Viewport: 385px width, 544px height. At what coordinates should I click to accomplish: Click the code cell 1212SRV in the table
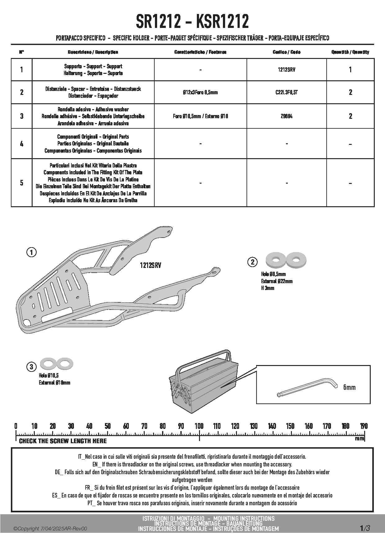click(x=286, y=70)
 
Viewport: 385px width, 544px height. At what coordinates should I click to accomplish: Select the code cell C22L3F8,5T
click(x=286, y=92)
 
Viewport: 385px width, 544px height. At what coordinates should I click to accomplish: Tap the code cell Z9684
click(x=286, y=116)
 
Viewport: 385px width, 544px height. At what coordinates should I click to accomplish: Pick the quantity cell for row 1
click(x=350, y=70)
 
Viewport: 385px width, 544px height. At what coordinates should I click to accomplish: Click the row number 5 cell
click(x=21, y=183)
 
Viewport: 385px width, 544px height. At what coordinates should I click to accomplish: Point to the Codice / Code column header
click(x=286, y=52)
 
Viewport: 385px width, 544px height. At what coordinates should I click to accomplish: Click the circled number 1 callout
click(x=31, y=252)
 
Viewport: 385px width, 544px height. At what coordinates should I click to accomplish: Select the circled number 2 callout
click(x=252, y=262)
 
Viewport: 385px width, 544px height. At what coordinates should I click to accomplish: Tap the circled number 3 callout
click(x=31, y=367)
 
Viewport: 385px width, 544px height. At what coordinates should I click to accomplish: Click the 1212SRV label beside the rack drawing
click(x=151, y=265)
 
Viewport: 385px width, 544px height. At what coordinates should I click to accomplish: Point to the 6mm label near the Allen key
click(x=349, y=387)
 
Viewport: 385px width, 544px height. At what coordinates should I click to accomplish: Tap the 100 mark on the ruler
click(x=199, y=426)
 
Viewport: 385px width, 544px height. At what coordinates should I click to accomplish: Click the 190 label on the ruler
click(x=364, y=426)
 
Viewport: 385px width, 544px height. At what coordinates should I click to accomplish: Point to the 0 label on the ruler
click(x=16, y=426)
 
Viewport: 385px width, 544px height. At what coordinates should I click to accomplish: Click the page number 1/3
click(x=365, y=528)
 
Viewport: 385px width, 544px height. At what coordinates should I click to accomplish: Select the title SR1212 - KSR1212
click(x=192, y=22)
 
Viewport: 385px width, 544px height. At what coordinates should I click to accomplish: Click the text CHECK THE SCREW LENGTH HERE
click(x=63, y=441)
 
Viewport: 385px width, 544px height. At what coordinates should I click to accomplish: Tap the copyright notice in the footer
click(x=50, y=529)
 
